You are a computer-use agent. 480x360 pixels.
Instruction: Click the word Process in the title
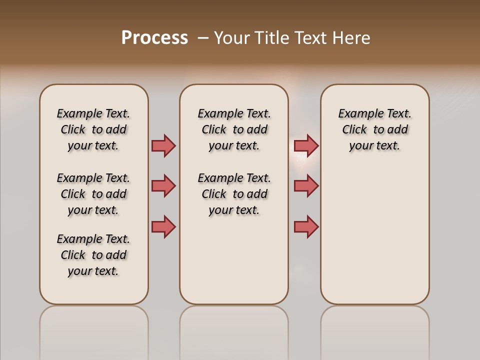pos(154,38)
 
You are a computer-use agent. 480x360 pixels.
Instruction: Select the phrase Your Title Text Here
pos(292,38)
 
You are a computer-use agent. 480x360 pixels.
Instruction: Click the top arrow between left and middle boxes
pos(163,145)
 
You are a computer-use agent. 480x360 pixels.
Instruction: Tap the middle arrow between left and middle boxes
pos(163,186)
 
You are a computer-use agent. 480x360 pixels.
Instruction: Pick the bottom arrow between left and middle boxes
pos(163,226)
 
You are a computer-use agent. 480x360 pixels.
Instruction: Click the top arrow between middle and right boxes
pos(306,145)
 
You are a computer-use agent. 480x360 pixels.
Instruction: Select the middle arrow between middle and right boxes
pos(306,186)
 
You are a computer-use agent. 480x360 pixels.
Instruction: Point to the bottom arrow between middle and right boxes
pos(306,226)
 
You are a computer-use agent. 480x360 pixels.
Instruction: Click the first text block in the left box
pos(93,129)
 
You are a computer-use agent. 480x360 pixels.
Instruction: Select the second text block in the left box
pos(93,194)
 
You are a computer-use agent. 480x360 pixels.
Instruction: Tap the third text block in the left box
pos(93,255)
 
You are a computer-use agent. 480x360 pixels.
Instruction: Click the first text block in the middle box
pos(234,129)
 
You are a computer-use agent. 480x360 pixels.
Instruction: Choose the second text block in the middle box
pos(234,194)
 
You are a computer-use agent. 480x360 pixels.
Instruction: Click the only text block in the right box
pos(375,129)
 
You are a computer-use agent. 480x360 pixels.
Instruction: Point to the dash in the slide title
pos(203,38)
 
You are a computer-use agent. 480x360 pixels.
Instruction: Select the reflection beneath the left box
pos(94,330)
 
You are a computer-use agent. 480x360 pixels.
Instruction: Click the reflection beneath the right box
pos(375,330)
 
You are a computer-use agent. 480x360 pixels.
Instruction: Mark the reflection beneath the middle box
pos(234,330)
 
